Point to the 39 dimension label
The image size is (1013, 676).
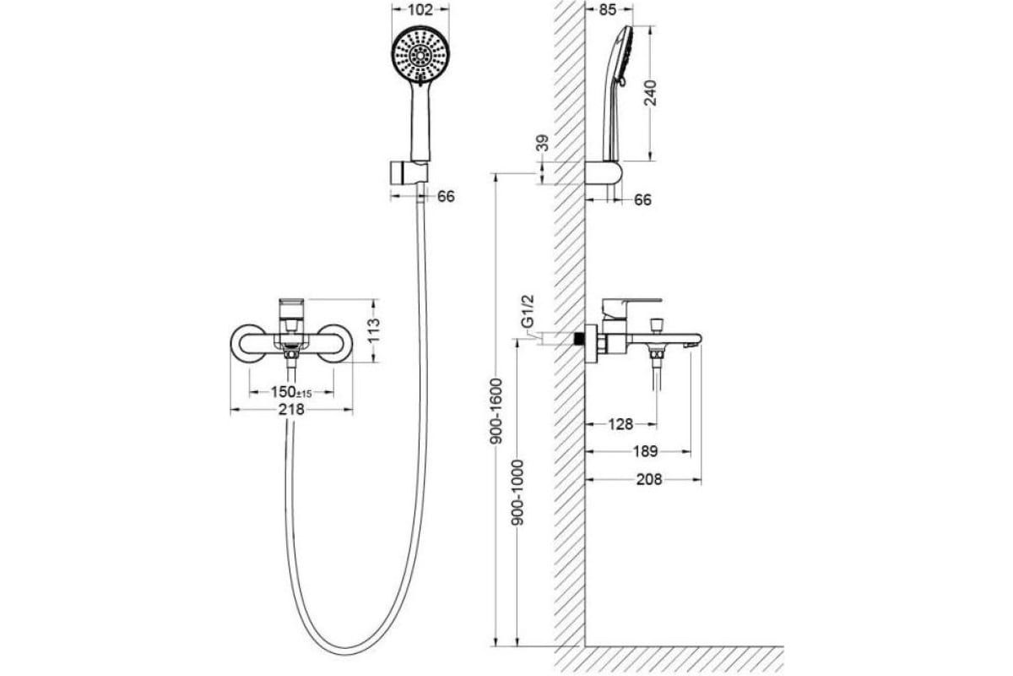[543, 144]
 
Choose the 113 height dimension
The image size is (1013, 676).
[376, 331]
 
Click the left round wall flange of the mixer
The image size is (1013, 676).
[246, 343]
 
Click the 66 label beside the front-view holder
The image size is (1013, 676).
[447, 196]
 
